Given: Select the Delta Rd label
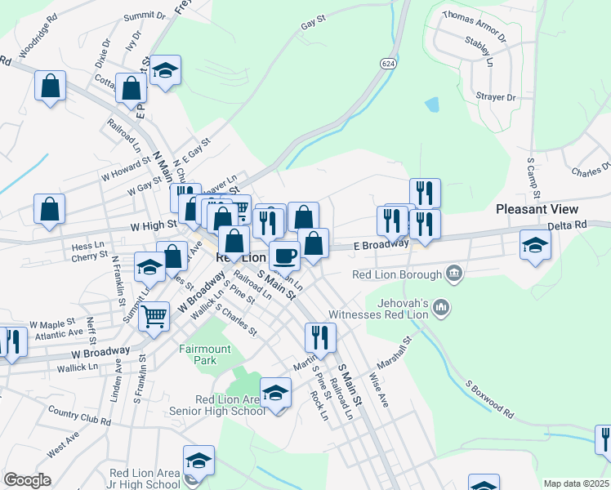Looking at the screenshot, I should click(x=568, y=225).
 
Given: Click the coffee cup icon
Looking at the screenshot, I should click(x=284, y=256).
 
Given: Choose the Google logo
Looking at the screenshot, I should click(x=27, y=480).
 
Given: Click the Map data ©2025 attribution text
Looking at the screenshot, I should click(x=575, y=483).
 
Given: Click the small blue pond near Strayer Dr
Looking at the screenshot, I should click(x=431, y=105).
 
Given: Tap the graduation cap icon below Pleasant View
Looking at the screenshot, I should click(x=535, y=245).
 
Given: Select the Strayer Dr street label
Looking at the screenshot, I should click(x=496, y=97).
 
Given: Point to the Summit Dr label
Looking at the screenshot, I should click(x=145, y=16).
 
